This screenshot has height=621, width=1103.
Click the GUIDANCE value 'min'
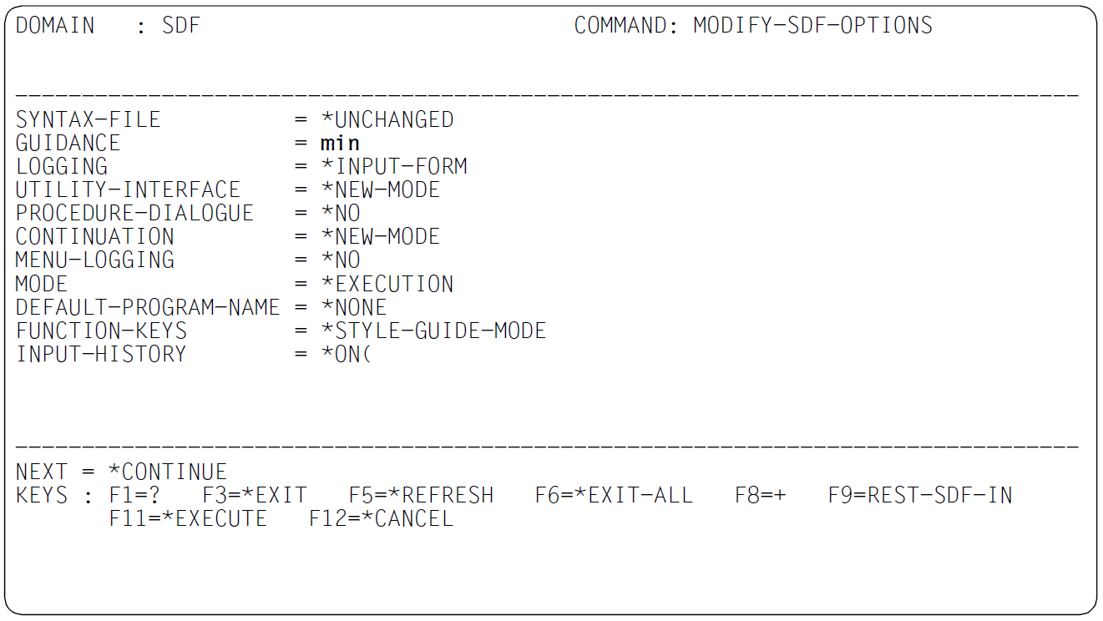point(340,144)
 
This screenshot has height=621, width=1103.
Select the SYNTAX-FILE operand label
point(89,119)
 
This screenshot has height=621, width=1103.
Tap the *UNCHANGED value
point(387,119)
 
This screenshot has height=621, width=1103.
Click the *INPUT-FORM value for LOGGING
point(394,166)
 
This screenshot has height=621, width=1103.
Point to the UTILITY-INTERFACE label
point(128,190)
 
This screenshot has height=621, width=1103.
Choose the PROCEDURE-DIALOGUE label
point(134,213)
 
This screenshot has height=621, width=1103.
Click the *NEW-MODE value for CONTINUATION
point(380,237)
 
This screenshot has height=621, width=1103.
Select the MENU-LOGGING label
point(94,260)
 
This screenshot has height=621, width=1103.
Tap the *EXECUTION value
point(387,284)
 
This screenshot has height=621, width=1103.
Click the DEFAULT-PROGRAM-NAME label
point(148,307)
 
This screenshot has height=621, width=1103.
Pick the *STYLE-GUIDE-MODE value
point(433,331)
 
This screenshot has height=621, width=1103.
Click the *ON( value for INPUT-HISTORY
point(346,354)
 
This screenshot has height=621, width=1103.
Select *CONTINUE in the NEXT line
point(168,472)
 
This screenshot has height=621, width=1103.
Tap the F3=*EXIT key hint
point(255,496)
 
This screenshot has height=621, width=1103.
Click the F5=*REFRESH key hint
point(421,496)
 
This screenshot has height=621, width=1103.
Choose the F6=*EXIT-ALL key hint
point(614,496)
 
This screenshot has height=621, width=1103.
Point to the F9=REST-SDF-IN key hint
point(920,496)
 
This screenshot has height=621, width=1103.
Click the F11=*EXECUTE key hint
point(188,518)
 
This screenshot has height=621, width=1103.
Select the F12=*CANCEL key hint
point(381,518)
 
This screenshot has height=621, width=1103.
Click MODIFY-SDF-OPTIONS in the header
point(813,26)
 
